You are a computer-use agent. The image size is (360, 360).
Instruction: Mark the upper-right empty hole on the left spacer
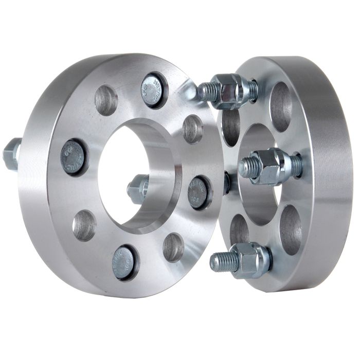(x=192, y=129)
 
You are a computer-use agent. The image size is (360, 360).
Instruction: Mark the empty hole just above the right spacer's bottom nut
(x=239, y=228)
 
